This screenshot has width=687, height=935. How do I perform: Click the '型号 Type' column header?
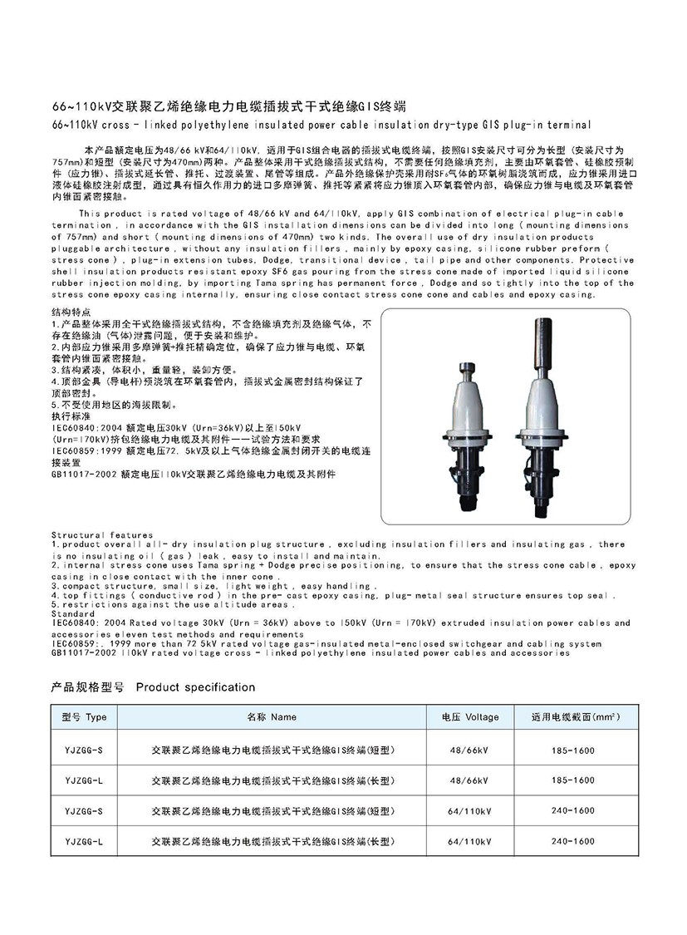pyautogui.click(x=84, y=716)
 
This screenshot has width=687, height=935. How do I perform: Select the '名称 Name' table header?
pyautogui.click(x=271, y=716)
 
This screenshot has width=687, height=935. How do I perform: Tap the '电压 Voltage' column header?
pyautogui.click(x=470, y=716)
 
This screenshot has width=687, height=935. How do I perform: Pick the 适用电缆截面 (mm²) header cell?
pyautogui.click(x=573, y=716)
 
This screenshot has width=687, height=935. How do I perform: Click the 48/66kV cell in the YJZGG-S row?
pyautogui.click(x=469, y=750)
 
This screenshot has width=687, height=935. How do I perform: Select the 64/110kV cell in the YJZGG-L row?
pyautogui.click(x=469, y=841)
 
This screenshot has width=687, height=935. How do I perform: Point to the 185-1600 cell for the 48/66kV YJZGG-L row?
pyautogui.click(x=573, y=780)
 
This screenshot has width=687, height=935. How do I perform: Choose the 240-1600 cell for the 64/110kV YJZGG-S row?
pyautogui.click(x=573, y=810)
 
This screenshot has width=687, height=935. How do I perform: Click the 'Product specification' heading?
pyautogui.click(x=195, y=687)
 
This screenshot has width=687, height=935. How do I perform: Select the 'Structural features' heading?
pyautogui.click(x=102, y=534)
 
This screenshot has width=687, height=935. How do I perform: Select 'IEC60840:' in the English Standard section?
pyautogui.click(x=77, y=623)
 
